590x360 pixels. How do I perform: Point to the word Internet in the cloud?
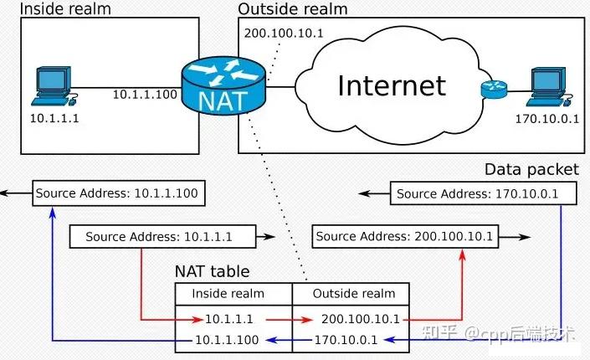(392, 85)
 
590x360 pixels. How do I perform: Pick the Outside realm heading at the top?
(293, 9)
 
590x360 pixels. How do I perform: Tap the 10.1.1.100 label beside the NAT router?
(146, 94)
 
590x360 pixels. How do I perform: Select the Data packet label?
(531, 170)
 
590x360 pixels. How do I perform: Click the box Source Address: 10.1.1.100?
(117, 193)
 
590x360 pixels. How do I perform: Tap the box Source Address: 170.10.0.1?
(475, 194)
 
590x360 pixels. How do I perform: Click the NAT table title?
(212, 272)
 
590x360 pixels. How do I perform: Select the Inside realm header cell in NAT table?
(228, 294)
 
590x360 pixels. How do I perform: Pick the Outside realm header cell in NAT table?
(353, 294)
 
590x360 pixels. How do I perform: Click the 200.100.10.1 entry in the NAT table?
(361, 320)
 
